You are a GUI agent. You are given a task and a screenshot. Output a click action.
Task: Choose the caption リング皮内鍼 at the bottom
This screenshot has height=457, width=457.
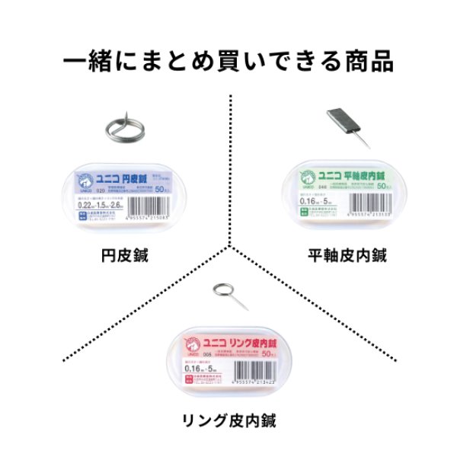[x=228, y=420]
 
